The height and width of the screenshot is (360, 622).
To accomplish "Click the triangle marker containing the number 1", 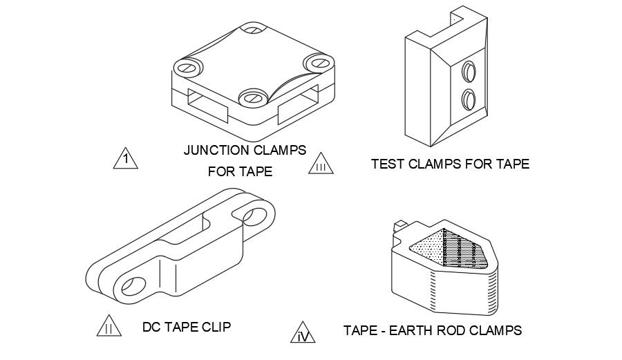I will [x=124, y=160].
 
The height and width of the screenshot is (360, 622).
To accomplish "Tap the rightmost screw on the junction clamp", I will [x=319, y=62].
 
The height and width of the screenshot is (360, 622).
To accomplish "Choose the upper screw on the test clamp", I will [x=469, y=70].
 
